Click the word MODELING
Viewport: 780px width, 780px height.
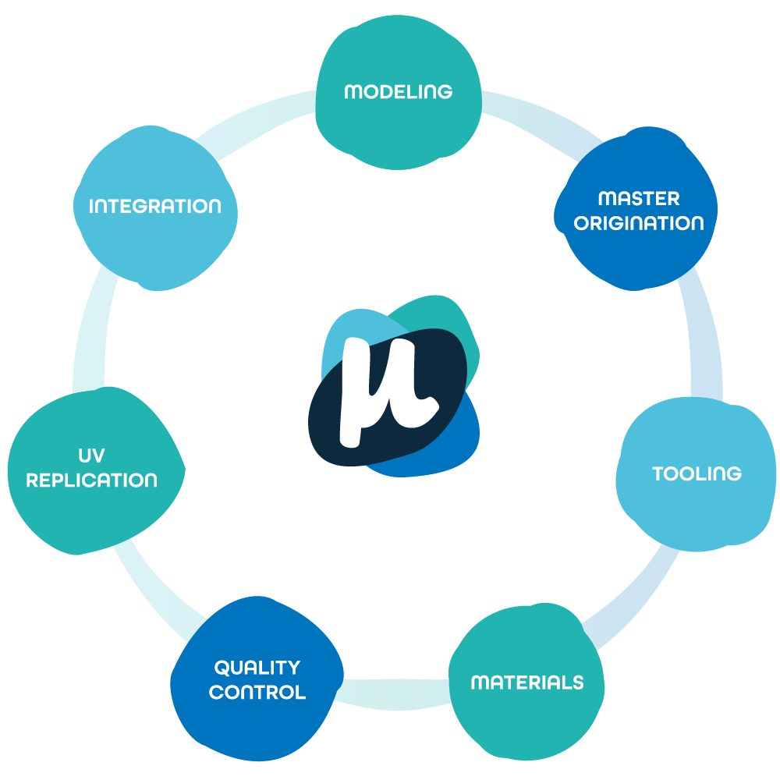[398, 91]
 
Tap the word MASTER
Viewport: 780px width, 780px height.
[639, 198]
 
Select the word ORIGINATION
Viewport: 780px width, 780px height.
[639, 223]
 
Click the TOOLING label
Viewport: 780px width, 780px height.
[697, 473]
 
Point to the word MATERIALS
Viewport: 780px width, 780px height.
[527, 682]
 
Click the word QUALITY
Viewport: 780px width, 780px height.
[257, 668]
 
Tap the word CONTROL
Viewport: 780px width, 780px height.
[257, 692]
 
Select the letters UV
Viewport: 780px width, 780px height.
[92, 456]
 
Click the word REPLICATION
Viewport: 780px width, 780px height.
[92, 480]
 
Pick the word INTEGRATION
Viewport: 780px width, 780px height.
[155, 207]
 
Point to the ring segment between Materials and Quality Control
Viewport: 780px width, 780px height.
[394, 694]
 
